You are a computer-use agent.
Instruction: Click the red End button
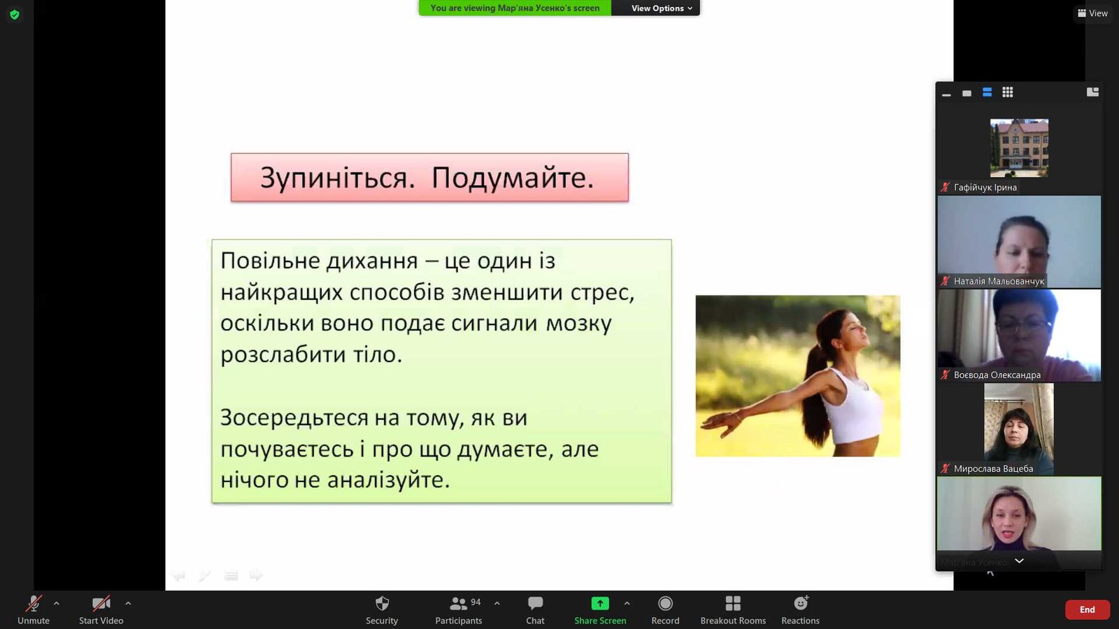coord(1087,609)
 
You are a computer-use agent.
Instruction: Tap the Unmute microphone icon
coord(34,604)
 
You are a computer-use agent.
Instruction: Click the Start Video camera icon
coord(101,604)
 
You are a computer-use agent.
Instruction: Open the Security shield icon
coord(382,604)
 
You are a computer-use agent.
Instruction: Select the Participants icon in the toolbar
coord(458,604)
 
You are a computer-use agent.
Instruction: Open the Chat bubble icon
coord(535,604)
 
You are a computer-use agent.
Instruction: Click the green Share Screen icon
coord(600,604)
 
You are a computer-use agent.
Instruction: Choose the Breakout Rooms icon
coord(733,604)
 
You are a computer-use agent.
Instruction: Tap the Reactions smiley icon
coord(801,603)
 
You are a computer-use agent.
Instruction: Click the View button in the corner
coord(1093,13)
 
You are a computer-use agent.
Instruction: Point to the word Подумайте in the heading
coord(513,178)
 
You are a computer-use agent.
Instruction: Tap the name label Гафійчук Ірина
coord(985,188)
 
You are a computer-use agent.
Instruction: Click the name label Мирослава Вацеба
coord(993,469)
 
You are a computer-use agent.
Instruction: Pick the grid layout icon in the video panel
coord(1008,92)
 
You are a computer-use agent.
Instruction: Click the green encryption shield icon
coord(15,15)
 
